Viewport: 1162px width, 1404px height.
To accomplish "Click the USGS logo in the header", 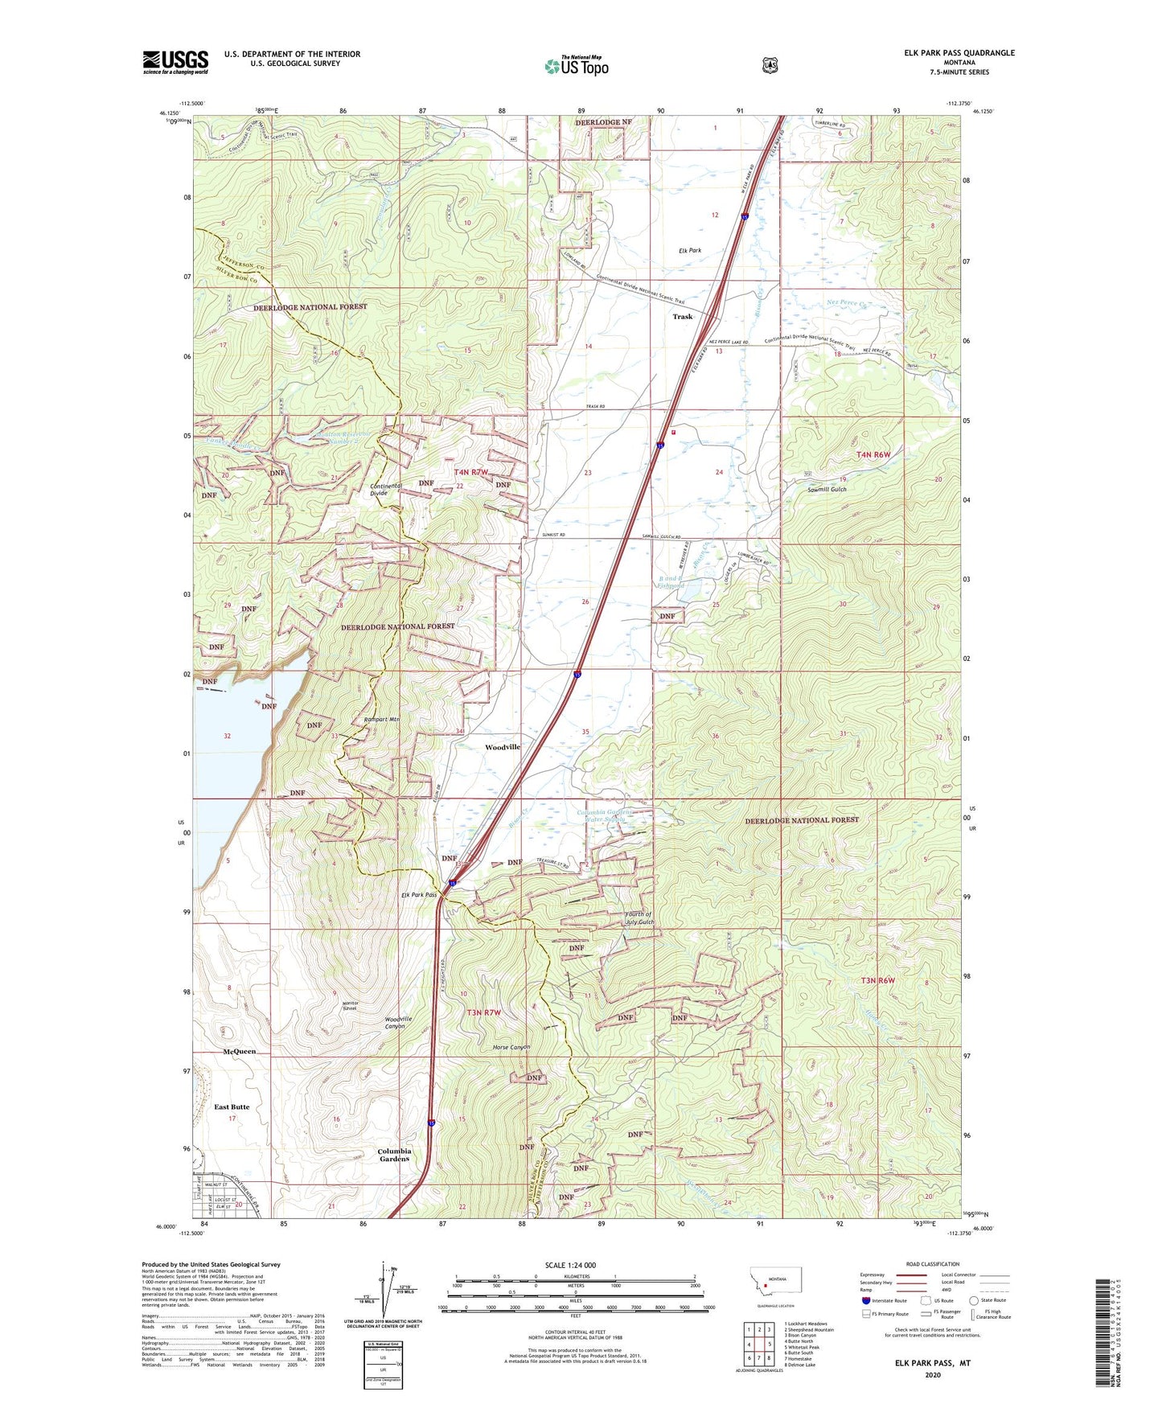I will [175, 62].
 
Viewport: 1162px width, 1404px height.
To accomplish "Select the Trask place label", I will [682, 317].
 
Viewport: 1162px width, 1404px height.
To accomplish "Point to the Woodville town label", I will [503, 747].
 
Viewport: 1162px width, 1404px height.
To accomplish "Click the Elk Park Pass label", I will [419, 895].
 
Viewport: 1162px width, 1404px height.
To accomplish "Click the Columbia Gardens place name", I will [395, 1155].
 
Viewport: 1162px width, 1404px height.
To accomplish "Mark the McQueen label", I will [239, 1052].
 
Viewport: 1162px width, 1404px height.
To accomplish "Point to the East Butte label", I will [232, 1107].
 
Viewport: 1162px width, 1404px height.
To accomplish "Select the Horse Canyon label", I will [511, 1048].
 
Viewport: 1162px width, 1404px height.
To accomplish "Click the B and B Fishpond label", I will [671, 582].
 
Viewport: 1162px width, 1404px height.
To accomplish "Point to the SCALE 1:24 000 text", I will [569, 1265].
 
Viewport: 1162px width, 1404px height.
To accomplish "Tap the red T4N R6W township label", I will [873, 455].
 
